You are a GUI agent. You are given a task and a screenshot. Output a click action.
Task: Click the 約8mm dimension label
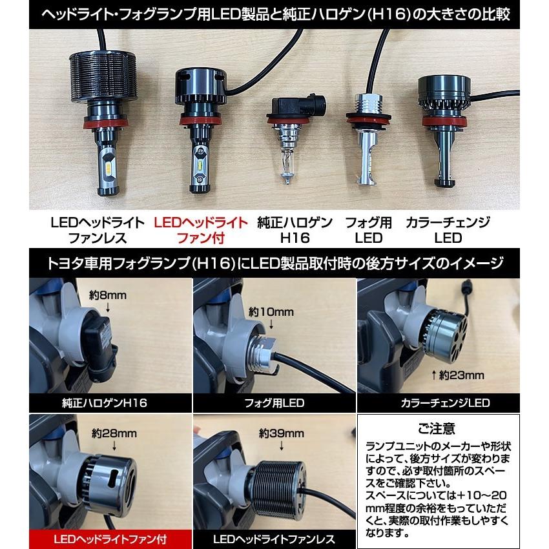108,295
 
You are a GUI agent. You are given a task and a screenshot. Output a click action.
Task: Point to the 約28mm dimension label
114,433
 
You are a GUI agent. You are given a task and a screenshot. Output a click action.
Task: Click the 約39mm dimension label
282,433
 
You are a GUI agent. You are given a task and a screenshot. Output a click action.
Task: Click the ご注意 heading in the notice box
437,428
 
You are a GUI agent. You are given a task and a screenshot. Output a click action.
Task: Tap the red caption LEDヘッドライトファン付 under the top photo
201,230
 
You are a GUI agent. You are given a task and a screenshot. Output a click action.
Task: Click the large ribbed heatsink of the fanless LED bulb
102,76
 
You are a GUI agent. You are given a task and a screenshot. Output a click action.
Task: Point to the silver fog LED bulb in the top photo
368,138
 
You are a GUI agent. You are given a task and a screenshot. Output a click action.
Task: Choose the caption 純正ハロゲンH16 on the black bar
105,403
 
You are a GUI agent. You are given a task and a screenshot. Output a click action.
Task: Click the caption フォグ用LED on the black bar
274,403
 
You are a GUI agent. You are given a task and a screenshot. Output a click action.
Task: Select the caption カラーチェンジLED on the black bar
445,403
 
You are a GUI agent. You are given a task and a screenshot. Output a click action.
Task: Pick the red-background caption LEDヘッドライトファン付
110,539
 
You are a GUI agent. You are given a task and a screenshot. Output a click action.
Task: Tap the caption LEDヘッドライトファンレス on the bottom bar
274,539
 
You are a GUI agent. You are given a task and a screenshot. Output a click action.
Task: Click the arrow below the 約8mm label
108,307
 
